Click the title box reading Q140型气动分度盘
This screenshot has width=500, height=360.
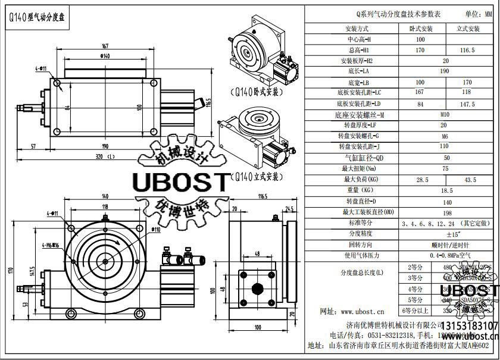37,18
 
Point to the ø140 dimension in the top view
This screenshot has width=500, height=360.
105,58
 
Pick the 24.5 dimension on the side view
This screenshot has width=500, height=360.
290,209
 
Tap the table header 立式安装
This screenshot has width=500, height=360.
468,29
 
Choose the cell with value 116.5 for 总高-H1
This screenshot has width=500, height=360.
468,51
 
